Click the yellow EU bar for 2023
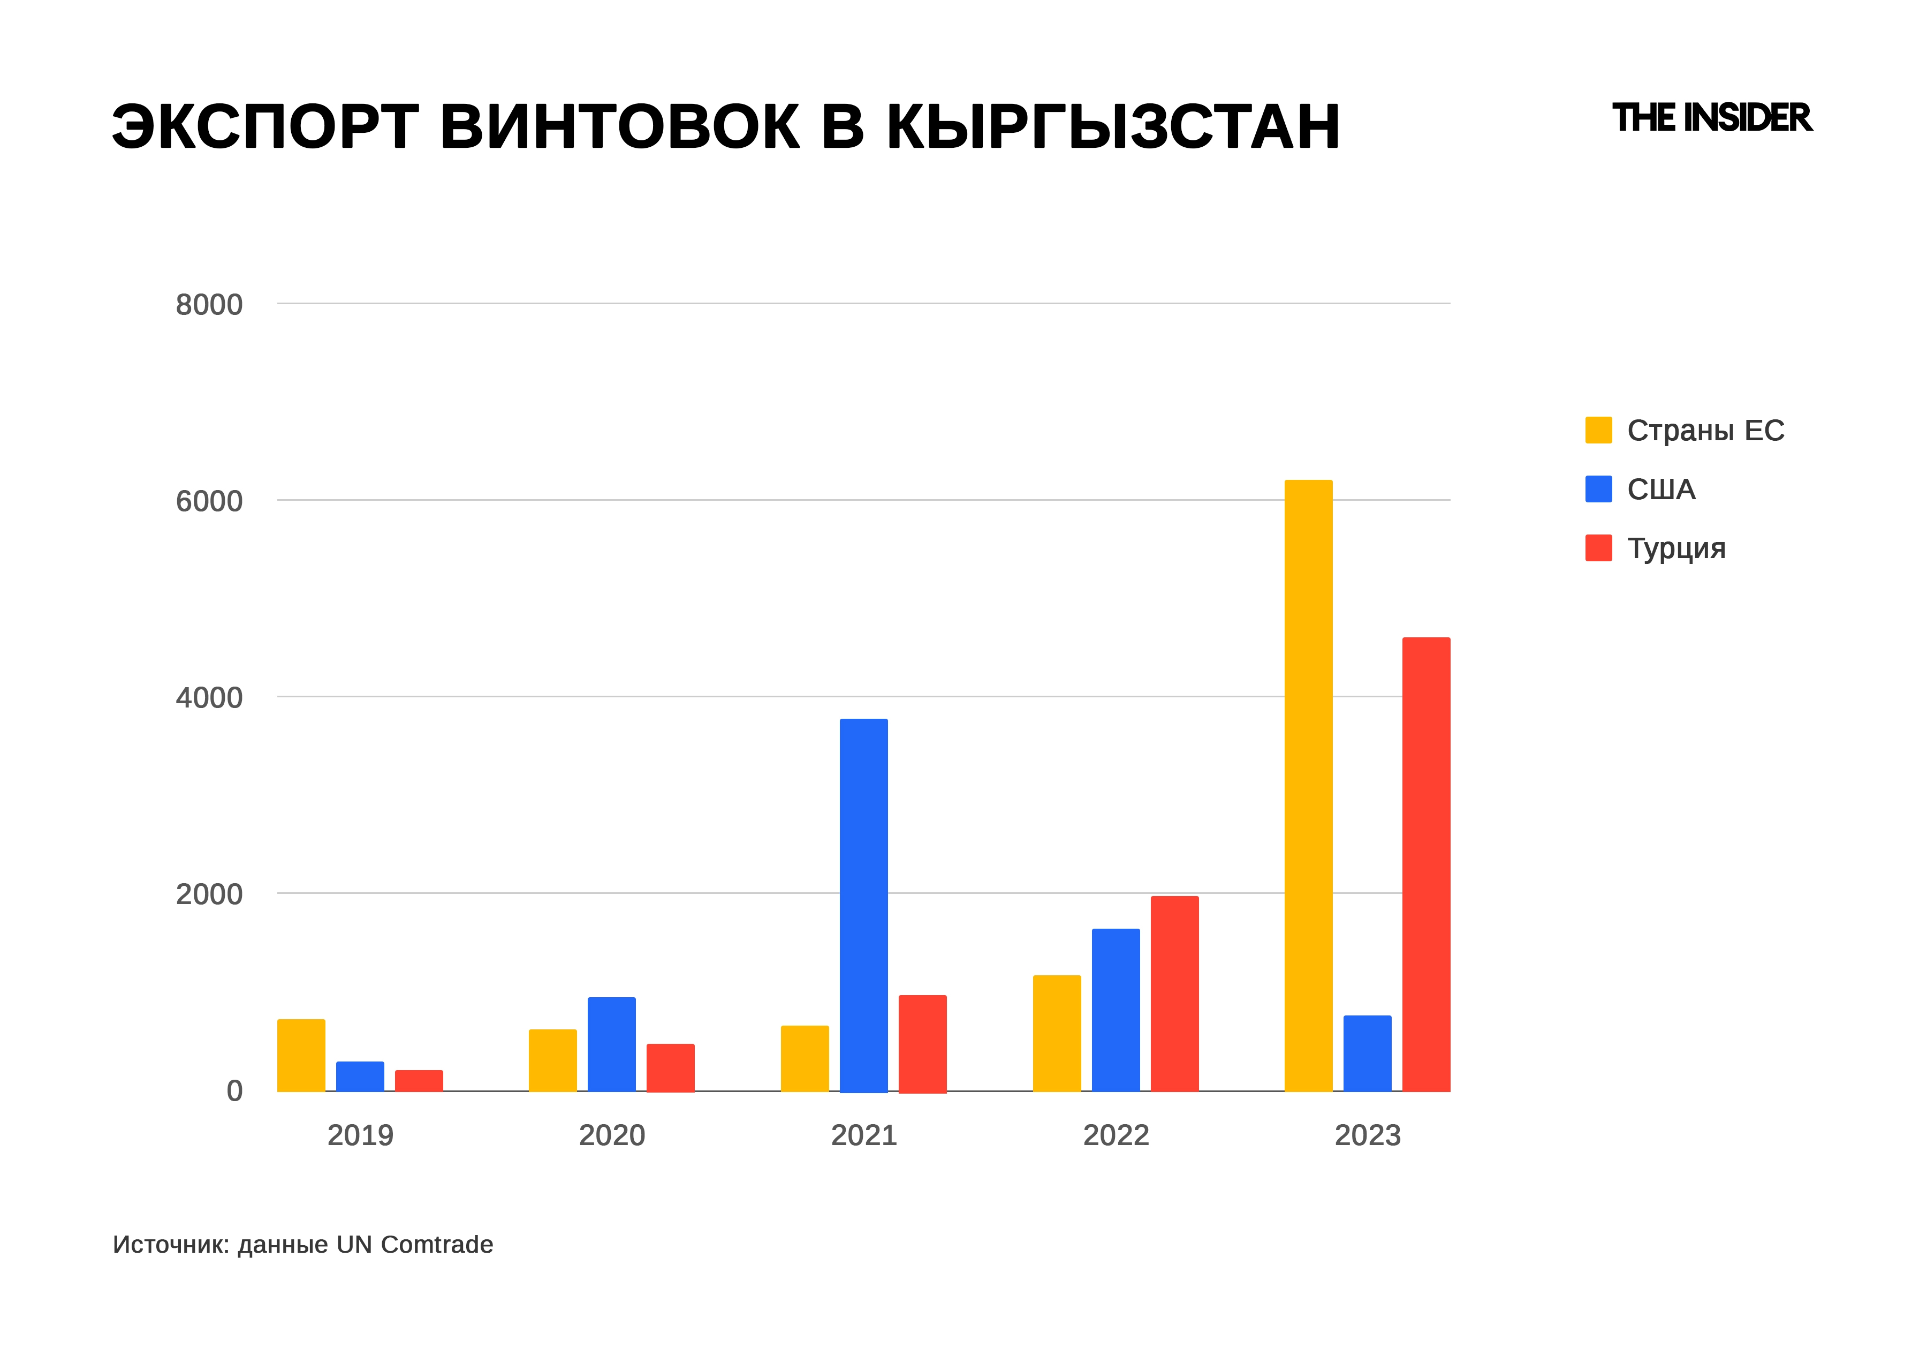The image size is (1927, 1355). [1308, 785]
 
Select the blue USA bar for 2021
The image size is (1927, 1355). [863, 905]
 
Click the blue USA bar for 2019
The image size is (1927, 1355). [360, 1077]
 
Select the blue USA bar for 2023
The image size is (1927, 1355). [1367, 1053]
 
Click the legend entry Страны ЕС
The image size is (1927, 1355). [1704, 431]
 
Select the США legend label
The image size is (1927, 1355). [1661, 490]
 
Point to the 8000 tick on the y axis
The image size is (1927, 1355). [209, 305]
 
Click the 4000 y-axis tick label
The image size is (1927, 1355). [209, 698]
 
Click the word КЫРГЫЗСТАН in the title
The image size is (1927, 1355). [1113, 127]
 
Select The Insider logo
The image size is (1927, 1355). [1712, 118]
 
